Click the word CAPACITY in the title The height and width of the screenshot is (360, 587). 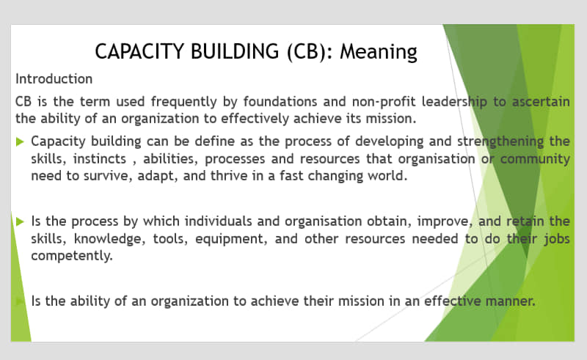pos(139,51)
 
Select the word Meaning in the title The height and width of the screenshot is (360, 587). pos(379,52)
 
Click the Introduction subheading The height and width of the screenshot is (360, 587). pos(54,79)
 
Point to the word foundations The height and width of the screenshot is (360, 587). pos(280,101)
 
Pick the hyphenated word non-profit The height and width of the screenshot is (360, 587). pos(383,101)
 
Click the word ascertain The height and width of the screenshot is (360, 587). pos(541,101)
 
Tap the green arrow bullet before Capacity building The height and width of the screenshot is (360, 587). pos(21,142)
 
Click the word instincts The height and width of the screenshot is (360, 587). pos(100,158)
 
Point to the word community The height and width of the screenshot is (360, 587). pos(535,159)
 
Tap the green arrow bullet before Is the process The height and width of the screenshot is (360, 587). pos(21,221)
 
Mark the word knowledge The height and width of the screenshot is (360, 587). pos(109,239)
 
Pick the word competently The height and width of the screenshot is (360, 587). pos(72,256)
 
